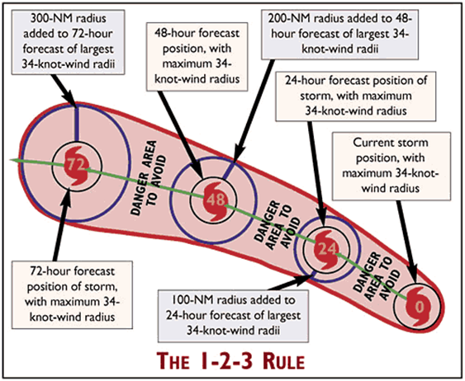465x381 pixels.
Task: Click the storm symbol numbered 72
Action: (77, 166)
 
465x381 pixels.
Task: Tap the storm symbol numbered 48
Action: (216, 201)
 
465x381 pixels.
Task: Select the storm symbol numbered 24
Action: (326, 250)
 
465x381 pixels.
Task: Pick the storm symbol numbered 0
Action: (419, 306)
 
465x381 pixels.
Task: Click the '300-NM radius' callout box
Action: (69, 42)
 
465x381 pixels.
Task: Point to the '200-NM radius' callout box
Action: (339, 35)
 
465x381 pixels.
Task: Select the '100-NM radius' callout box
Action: (233, 316)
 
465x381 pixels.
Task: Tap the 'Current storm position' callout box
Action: (391, 167)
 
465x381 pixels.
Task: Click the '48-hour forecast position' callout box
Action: (197, 57)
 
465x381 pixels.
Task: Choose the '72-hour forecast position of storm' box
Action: (72, 294)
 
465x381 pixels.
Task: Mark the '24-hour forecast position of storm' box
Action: (356, 96)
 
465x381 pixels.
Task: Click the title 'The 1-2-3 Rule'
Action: (230, 361)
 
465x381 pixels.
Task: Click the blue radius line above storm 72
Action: (77, 124)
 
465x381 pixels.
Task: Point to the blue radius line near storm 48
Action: (229, 171)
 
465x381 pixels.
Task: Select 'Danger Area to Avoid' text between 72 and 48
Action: (149, 178)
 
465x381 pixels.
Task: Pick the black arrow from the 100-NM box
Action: (291, 282)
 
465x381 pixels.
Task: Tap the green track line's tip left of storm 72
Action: (10, 160)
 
